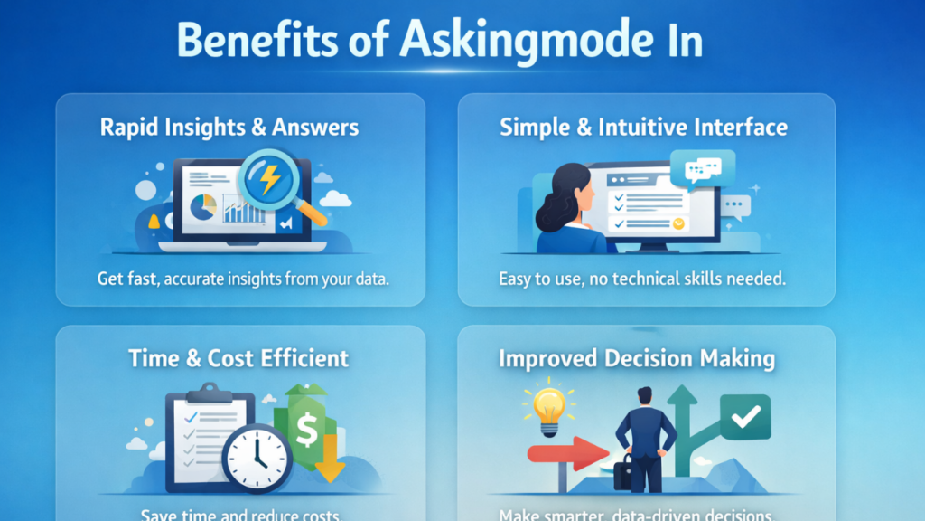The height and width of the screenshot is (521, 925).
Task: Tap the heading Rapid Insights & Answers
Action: coord(229,127)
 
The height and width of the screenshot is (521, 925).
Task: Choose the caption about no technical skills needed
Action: coord(642,279)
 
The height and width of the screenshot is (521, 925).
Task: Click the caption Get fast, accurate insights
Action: coord(243,279)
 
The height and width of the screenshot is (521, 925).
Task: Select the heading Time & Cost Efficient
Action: coord(238,358)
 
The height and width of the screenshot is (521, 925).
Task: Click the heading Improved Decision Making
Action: coord(637,358)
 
